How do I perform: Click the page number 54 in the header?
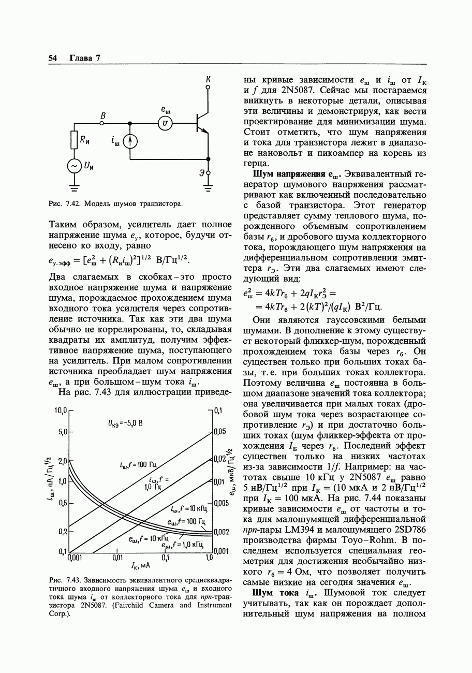coord(52,58)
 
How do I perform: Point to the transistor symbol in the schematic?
coord(201,123)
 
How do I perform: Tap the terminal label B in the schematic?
coord(103,116)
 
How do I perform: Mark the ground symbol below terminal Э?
coord(208,188)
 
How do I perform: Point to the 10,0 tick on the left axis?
coord(61,411)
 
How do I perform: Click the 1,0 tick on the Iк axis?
coord(210,558)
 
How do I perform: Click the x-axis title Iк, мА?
coord(141,565)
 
